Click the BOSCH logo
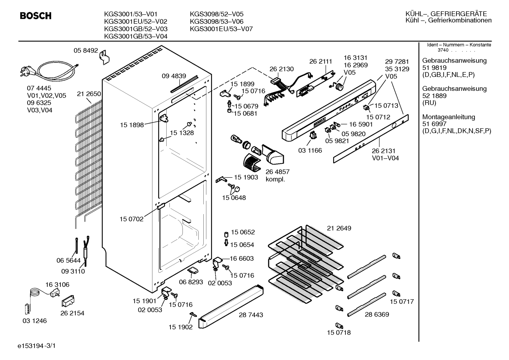coord(36,16)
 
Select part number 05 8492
coord(86,51)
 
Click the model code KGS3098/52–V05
coord(216,14)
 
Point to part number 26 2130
coord(282,69)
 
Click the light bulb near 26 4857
coord(236,139)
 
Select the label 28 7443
coord(251,315)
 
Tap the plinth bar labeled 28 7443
coord(231,307)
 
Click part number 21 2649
coord(339,228)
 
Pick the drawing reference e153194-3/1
coord(37,346)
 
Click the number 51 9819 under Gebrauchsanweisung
coord(434,68)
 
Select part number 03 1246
coord(35,321)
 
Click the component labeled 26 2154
coord(68,301)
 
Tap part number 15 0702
coord(132,219)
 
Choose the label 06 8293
coord(191,282)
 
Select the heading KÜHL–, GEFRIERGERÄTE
coord(446,14)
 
